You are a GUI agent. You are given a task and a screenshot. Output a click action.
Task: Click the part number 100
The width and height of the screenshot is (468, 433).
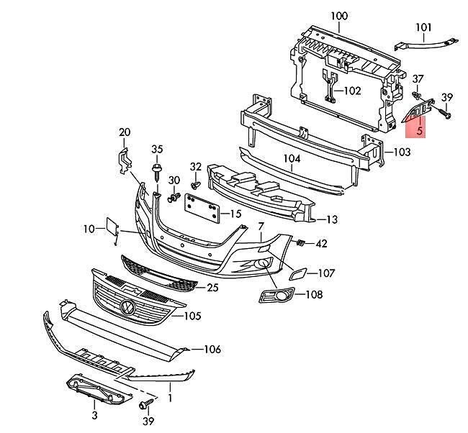coord(338,16)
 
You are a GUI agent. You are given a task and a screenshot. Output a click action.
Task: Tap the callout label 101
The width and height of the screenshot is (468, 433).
coord(423,28)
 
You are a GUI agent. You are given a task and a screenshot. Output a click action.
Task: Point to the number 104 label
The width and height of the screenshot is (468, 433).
coord(292,159)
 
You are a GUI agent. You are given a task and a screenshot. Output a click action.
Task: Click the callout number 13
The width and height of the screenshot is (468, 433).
coord(332,219)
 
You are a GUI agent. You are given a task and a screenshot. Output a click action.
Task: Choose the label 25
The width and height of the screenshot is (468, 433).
coord(212,288)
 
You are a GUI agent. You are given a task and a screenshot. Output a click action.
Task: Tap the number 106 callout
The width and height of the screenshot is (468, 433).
coord(212,350)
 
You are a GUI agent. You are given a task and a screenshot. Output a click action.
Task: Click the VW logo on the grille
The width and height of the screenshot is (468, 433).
coord(128,306)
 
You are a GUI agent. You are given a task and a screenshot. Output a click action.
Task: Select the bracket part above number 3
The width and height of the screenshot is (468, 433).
coord(96,390)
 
